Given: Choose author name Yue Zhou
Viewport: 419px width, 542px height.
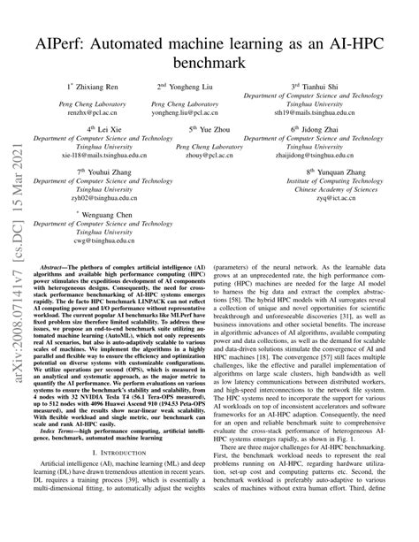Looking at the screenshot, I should [212, 128].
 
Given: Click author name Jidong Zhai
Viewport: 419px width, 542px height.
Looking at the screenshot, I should [325, 128].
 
